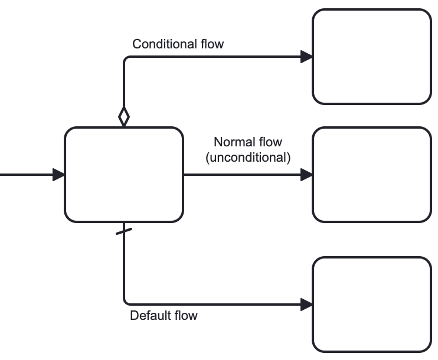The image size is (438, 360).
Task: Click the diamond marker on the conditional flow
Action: click(x=124, y=116)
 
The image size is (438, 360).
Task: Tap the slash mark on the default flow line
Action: click(x=124, y=231)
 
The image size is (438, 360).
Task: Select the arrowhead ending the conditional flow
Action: click(x=306, y=57)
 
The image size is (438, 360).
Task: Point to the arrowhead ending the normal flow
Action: click(x=306, y=175)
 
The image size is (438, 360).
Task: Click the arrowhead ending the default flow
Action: click(x=306, y=305)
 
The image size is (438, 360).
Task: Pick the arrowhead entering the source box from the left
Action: click(x=58, y=175)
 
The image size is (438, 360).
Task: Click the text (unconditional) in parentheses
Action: click(x=248, y=158)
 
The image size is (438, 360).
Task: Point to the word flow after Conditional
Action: click(x=212, y=44)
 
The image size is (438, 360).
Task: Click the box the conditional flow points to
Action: click(x=372, y=57)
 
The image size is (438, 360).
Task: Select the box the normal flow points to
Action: click(x=372, y=175)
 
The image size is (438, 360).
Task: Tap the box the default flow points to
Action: click(x=372, y=305)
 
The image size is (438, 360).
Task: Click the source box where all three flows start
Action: click(x=124, y=175)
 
